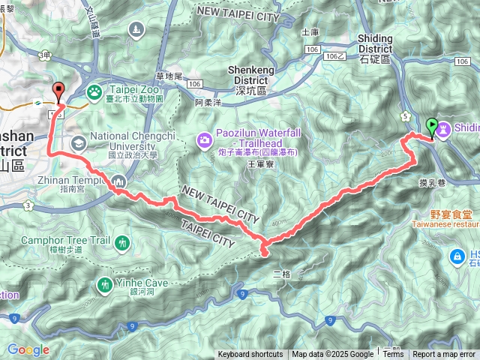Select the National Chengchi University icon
coord(79,142)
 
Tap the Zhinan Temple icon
coord(119,181)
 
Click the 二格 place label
coord(281,274)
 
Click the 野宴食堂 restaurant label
coord(433,213)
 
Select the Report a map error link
coord(444,354)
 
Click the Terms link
coord(393,354)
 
